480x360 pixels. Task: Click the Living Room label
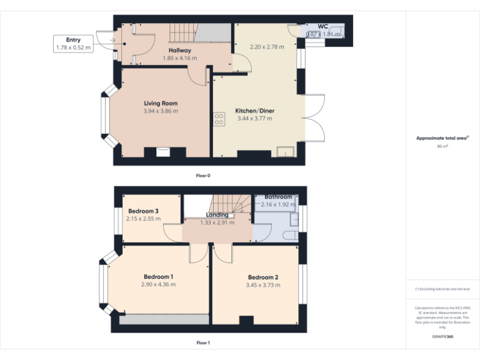point(161,103)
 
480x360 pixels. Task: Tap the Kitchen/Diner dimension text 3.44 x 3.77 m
point(254,118)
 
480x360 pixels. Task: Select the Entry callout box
point(74,43)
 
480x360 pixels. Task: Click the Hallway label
point(179,50)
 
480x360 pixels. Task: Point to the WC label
point(323,26)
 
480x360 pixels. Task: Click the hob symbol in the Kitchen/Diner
point(219,119)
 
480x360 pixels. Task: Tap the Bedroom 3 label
point(143,211)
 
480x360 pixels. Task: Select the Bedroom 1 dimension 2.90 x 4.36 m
point(159,284)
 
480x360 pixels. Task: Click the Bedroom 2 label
point(262,277)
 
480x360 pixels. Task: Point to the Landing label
point(217,215)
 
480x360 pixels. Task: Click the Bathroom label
point(278,197)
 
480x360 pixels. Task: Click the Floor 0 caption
point(203,176)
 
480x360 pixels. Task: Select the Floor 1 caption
point(203,342)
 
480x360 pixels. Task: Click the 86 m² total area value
point(442,146)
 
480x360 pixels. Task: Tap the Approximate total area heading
point(441,138)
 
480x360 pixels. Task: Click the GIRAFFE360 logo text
point(442,337)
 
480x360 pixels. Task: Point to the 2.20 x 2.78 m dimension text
point(267,47)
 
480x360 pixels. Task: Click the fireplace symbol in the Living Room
point(161,151)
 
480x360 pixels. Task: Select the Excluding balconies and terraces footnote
point(442,289)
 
